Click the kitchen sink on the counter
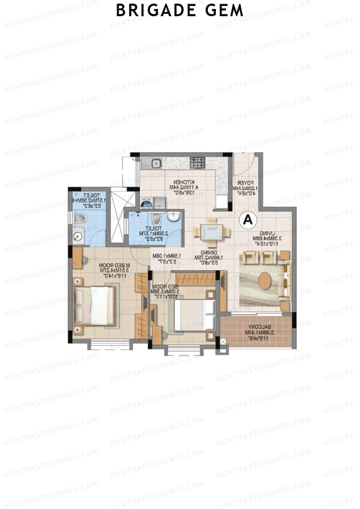(x=156, y=164)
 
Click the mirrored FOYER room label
(x=246, y=183)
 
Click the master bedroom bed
(x=94, y=306)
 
